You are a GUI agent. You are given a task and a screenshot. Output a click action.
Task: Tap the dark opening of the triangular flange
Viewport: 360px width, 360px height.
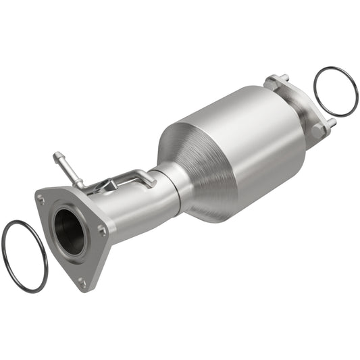[x=70, y=231]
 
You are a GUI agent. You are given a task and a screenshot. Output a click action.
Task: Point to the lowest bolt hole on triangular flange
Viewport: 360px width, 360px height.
[x=82, y=282]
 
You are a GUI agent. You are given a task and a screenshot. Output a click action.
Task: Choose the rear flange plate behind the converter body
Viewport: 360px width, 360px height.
[x=297, y=101]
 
